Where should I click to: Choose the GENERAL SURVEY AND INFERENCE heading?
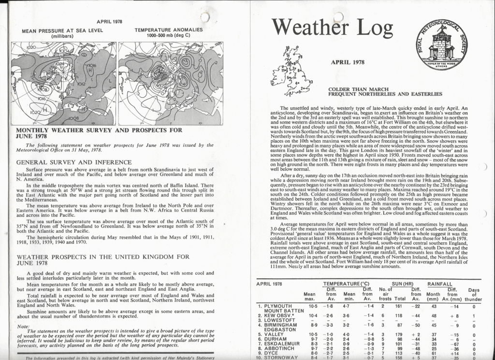(74, 162)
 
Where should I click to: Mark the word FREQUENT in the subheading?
(346, 94)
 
